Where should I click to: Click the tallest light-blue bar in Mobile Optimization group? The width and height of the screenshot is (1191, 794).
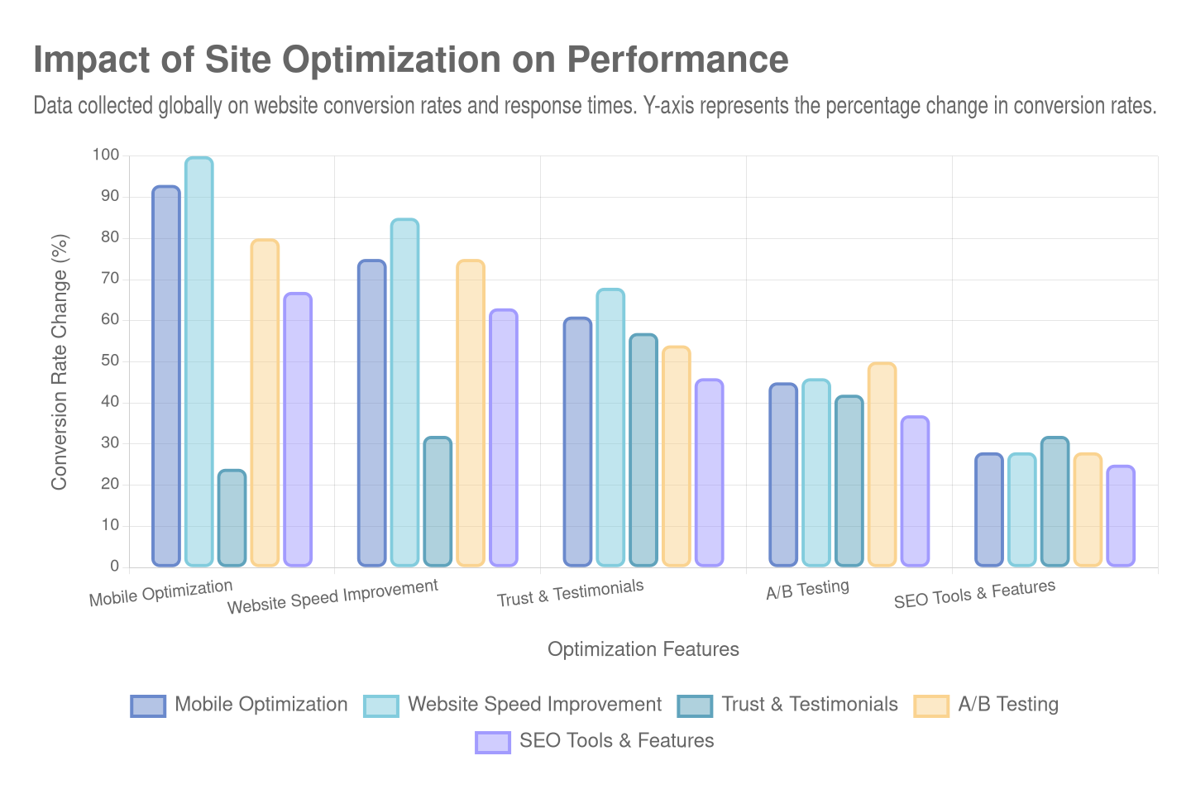pyautogui.click(x=198, y=361)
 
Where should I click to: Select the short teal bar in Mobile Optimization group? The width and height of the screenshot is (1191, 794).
pyautogui.click(x=232, y=518)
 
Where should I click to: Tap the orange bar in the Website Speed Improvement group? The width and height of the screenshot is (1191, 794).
pyautogui.click(x=471, y=414)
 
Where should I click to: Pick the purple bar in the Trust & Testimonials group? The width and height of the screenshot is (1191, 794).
pyautogui.click(x=709, y=473)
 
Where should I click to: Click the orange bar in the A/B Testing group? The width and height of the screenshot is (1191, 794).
pyautogui.click(x=882, y=465)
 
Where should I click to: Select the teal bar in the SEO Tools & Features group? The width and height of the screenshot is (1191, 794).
pyautogui.click(x=1055, y=502)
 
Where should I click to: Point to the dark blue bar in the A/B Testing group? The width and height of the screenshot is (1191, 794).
pyautogui.click(x=783, y=475)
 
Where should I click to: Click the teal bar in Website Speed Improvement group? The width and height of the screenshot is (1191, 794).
pyautogui.click(x=438, y=502)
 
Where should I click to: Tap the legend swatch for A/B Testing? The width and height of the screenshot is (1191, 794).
pyautogui.click(x=931, y=706)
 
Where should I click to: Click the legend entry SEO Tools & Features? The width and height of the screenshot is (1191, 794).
pyautogui.click(x=616, y=741)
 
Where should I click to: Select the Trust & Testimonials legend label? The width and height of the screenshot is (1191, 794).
pyautogui.click(x=809, y=705)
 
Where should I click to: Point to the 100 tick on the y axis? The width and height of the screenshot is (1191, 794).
pyautogui.click(x=106, y=155)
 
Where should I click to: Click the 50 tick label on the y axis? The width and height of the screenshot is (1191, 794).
pyautogui.click(x=109, y=361)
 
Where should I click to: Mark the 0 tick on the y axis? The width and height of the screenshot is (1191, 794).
pyautogui.click(x=114, y=567)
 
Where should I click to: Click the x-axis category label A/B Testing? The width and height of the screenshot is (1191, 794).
pyautogui.click(x=807, y=590)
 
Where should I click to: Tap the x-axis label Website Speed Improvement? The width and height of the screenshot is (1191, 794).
pyautogui.click(x=332, y=597)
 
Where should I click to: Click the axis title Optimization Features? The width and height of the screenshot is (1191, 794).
pyautogui.click(x=643, y=649)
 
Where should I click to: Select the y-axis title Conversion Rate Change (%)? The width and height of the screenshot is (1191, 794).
pyautogui.click(x=59, y=361)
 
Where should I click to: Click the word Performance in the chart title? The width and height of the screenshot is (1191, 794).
pyautogui.click(x=677, y=60)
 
